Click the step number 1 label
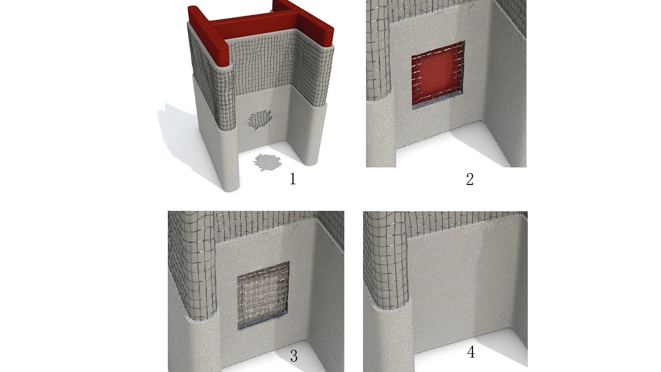click(x=293, y=179)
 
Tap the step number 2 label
click(x=470, y=179)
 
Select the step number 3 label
click(x=294, y=356)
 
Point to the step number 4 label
click(x=471, y=352)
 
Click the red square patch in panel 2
click(x=438, y=75)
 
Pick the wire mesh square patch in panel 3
click(x=263, y=295)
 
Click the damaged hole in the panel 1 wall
click(x=259, y=119)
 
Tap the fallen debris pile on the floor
click(x=267, y=162)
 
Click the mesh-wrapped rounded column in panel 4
click(x=386, y=260)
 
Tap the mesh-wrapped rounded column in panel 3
click(x=193, y=266)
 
